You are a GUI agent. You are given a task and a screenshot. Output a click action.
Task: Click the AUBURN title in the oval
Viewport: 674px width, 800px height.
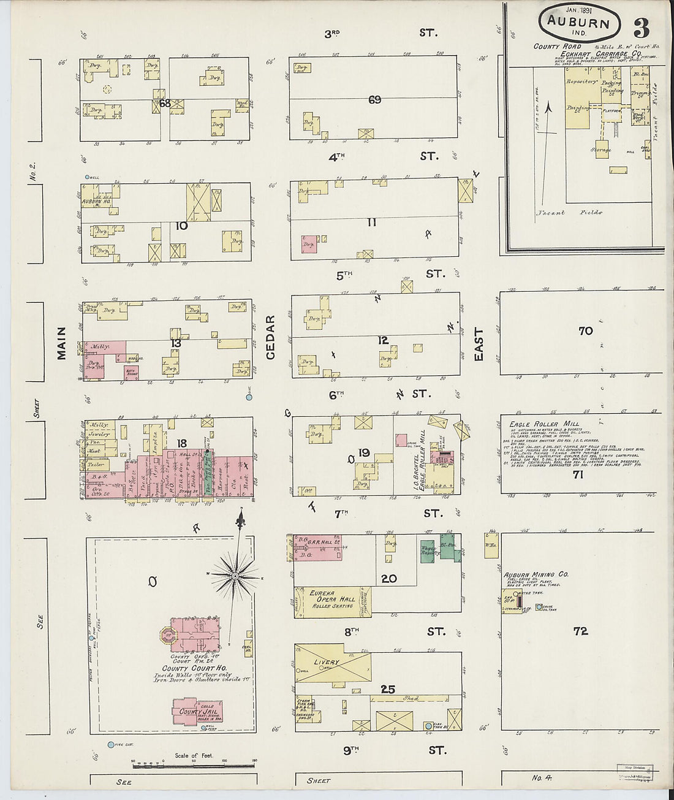579,24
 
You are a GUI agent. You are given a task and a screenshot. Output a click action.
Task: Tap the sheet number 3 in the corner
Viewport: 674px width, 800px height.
641,28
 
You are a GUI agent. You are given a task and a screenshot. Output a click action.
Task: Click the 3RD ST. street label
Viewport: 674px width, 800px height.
381,33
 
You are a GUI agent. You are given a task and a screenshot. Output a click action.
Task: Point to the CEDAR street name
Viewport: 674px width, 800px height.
270,337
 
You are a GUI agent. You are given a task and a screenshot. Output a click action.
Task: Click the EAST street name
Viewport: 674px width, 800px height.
479,345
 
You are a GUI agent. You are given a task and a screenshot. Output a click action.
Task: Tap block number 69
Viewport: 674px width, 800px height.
374,99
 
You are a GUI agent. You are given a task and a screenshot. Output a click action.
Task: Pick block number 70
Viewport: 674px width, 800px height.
585,331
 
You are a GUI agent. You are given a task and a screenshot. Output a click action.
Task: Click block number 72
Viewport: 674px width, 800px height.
580,631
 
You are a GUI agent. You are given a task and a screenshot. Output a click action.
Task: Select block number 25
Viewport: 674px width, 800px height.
388,689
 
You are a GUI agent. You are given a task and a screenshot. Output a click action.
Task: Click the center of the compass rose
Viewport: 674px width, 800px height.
235,577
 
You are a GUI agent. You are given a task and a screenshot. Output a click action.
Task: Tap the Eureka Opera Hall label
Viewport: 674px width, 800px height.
332,599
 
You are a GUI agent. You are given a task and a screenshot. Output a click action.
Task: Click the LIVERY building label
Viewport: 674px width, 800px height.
327,663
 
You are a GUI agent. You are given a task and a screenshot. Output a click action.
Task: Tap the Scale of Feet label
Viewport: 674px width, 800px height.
194,755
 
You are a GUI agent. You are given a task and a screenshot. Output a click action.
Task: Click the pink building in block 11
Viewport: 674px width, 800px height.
309,244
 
